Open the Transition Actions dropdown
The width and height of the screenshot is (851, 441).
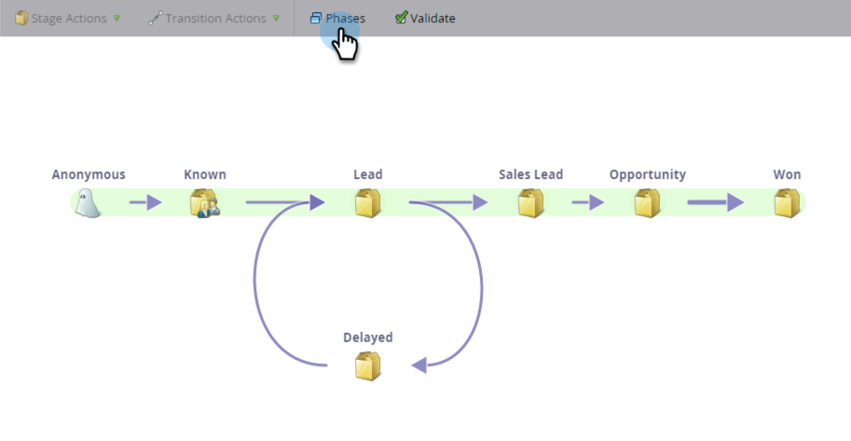tap(213, 18)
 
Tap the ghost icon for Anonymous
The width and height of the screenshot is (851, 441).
tap(88, 202)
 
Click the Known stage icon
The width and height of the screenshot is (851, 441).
tap(204, 202)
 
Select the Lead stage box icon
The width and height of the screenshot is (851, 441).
tap(368, 202)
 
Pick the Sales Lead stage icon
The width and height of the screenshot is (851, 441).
tap(531, 202)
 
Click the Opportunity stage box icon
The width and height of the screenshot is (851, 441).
tap(648, 202)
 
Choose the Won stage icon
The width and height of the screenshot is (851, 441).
tap(788, 202)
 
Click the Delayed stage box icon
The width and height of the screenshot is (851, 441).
tap(368, 365)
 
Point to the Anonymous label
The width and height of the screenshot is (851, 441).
tap(89, 174)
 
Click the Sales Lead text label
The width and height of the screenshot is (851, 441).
tap(530, 174)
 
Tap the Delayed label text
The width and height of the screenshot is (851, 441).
tap(368, 338)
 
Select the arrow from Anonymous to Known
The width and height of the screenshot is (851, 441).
tap(145, 202)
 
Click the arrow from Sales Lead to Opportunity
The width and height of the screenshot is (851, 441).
tap(588, 202)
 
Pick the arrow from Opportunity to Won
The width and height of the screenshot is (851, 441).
tap(716, 202)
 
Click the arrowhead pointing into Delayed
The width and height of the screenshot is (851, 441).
tap(419, 365)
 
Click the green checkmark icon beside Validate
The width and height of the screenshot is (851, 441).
tap(401, 18)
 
